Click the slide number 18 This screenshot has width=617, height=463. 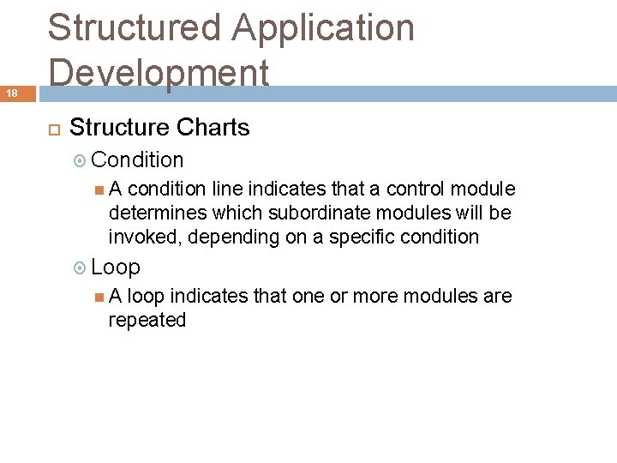[x=13, y=92]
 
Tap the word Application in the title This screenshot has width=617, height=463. [x=323, y=27]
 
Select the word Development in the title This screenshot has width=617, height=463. [x=159, y=72]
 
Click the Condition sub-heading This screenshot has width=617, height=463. [x=137, y=160]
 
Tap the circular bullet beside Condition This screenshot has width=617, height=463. [x=81, y=160]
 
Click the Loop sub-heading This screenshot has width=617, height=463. [x=116, y=267]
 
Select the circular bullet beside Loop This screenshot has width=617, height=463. [x=81, y=268]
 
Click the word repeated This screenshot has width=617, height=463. [x=147, y=320]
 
